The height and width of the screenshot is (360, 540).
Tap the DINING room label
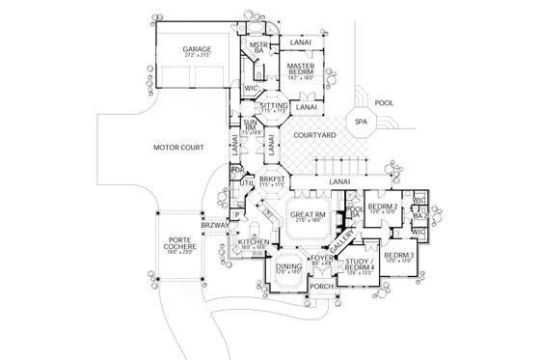(288, 269)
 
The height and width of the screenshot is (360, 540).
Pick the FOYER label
(321, 260)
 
